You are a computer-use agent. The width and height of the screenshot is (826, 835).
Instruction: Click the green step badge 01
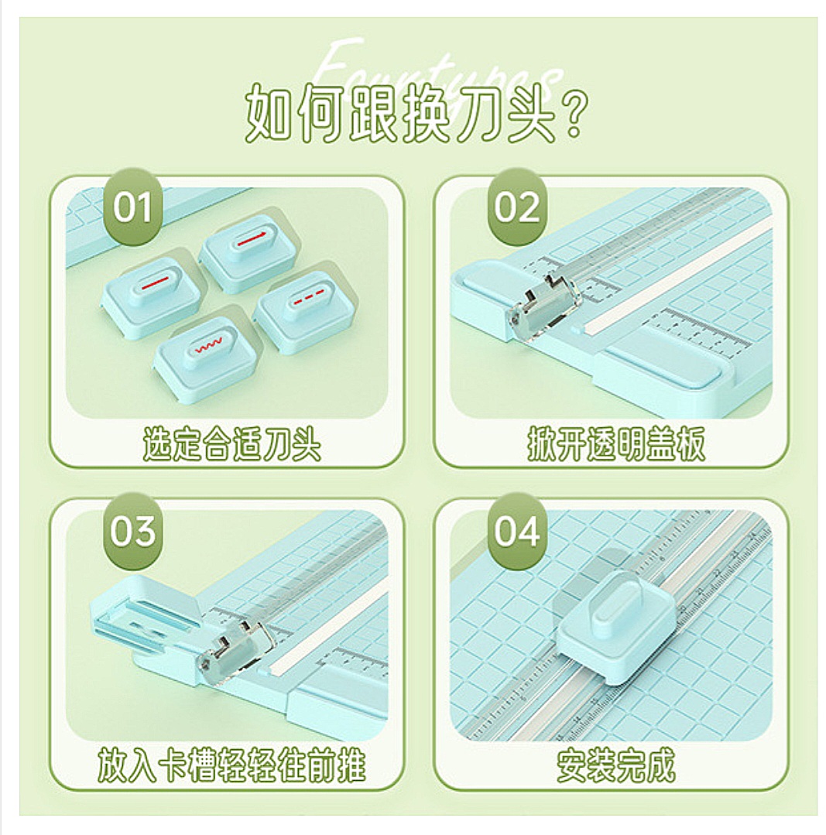133,207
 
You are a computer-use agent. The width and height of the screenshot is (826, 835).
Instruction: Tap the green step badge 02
517,207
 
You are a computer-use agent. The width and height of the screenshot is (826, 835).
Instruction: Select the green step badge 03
133,532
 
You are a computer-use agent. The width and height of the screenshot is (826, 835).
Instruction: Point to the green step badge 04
517,532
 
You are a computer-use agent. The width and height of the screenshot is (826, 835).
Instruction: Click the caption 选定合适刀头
231,447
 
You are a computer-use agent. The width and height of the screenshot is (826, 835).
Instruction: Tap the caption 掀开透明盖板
616,447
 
